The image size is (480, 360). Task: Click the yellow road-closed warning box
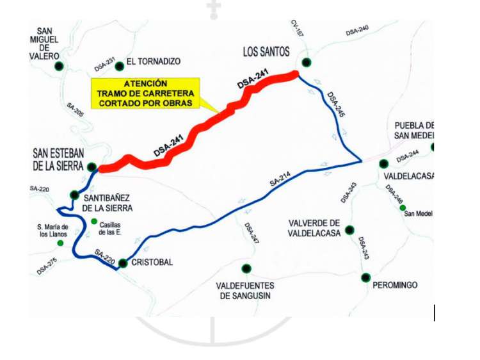(145, 94)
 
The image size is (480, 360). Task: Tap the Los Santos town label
(266, 51)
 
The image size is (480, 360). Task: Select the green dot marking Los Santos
(307, 62)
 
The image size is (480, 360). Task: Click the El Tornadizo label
(154, 61)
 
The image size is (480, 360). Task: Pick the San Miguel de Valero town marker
(59, 65)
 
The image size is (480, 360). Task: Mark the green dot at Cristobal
(123, 262)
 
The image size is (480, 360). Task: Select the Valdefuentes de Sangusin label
(246, 290)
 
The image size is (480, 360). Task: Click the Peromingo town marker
(365, 277)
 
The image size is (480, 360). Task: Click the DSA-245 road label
(336, 104)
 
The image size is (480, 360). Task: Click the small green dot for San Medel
(403, 208)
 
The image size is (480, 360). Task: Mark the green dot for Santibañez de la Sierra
(75, 195)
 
